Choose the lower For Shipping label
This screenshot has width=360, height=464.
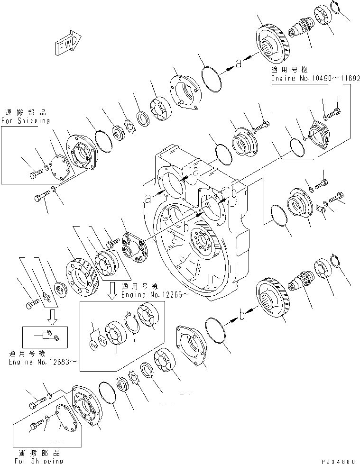pyautogui.click(x=39, y=460)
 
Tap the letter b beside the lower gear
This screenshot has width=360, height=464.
pyautogui.click(x=242, y=314)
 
